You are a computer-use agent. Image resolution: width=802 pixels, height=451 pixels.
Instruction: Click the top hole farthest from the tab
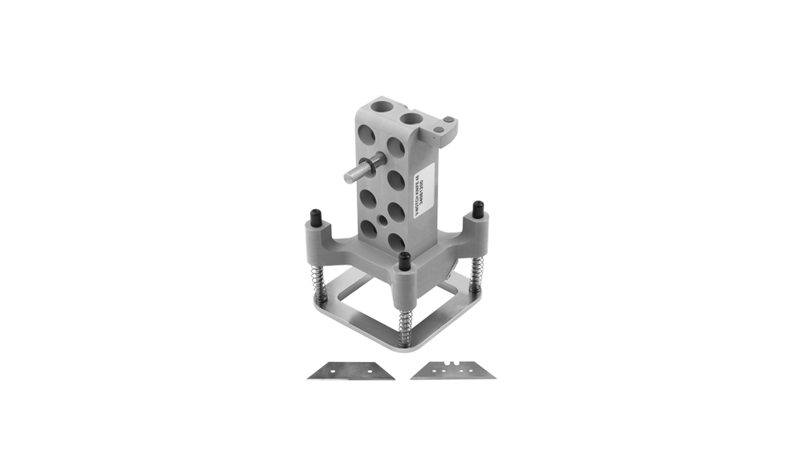click(x=379, y=107)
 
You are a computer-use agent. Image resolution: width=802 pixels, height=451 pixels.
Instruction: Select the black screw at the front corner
click(x=404, y=261)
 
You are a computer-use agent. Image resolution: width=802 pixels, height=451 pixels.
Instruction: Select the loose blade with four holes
click(x=450, y=371)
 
